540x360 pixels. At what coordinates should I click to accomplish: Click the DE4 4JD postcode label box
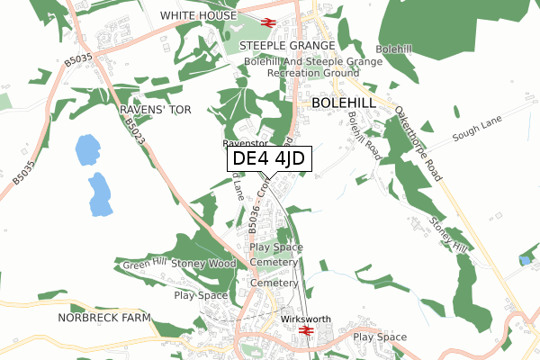[267, 159]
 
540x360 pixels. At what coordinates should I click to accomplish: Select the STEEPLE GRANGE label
[286, 44]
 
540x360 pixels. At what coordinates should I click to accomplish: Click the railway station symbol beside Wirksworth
[305, 331]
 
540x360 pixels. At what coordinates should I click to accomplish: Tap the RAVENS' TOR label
[156, 109]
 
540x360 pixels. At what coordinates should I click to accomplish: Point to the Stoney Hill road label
[448, 234]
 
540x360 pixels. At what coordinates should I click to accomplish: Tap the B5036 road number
[254, 220]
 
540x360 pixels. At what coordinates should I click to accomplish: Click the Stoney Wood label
[203, 264]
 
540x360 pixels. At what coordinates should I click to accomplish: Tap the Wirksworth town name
[305, 319]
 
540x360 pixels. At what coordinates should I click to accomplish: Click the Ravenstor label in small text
[245, 143]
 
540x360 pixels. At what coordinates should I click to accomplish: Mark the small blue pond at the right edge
[525, 260]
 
